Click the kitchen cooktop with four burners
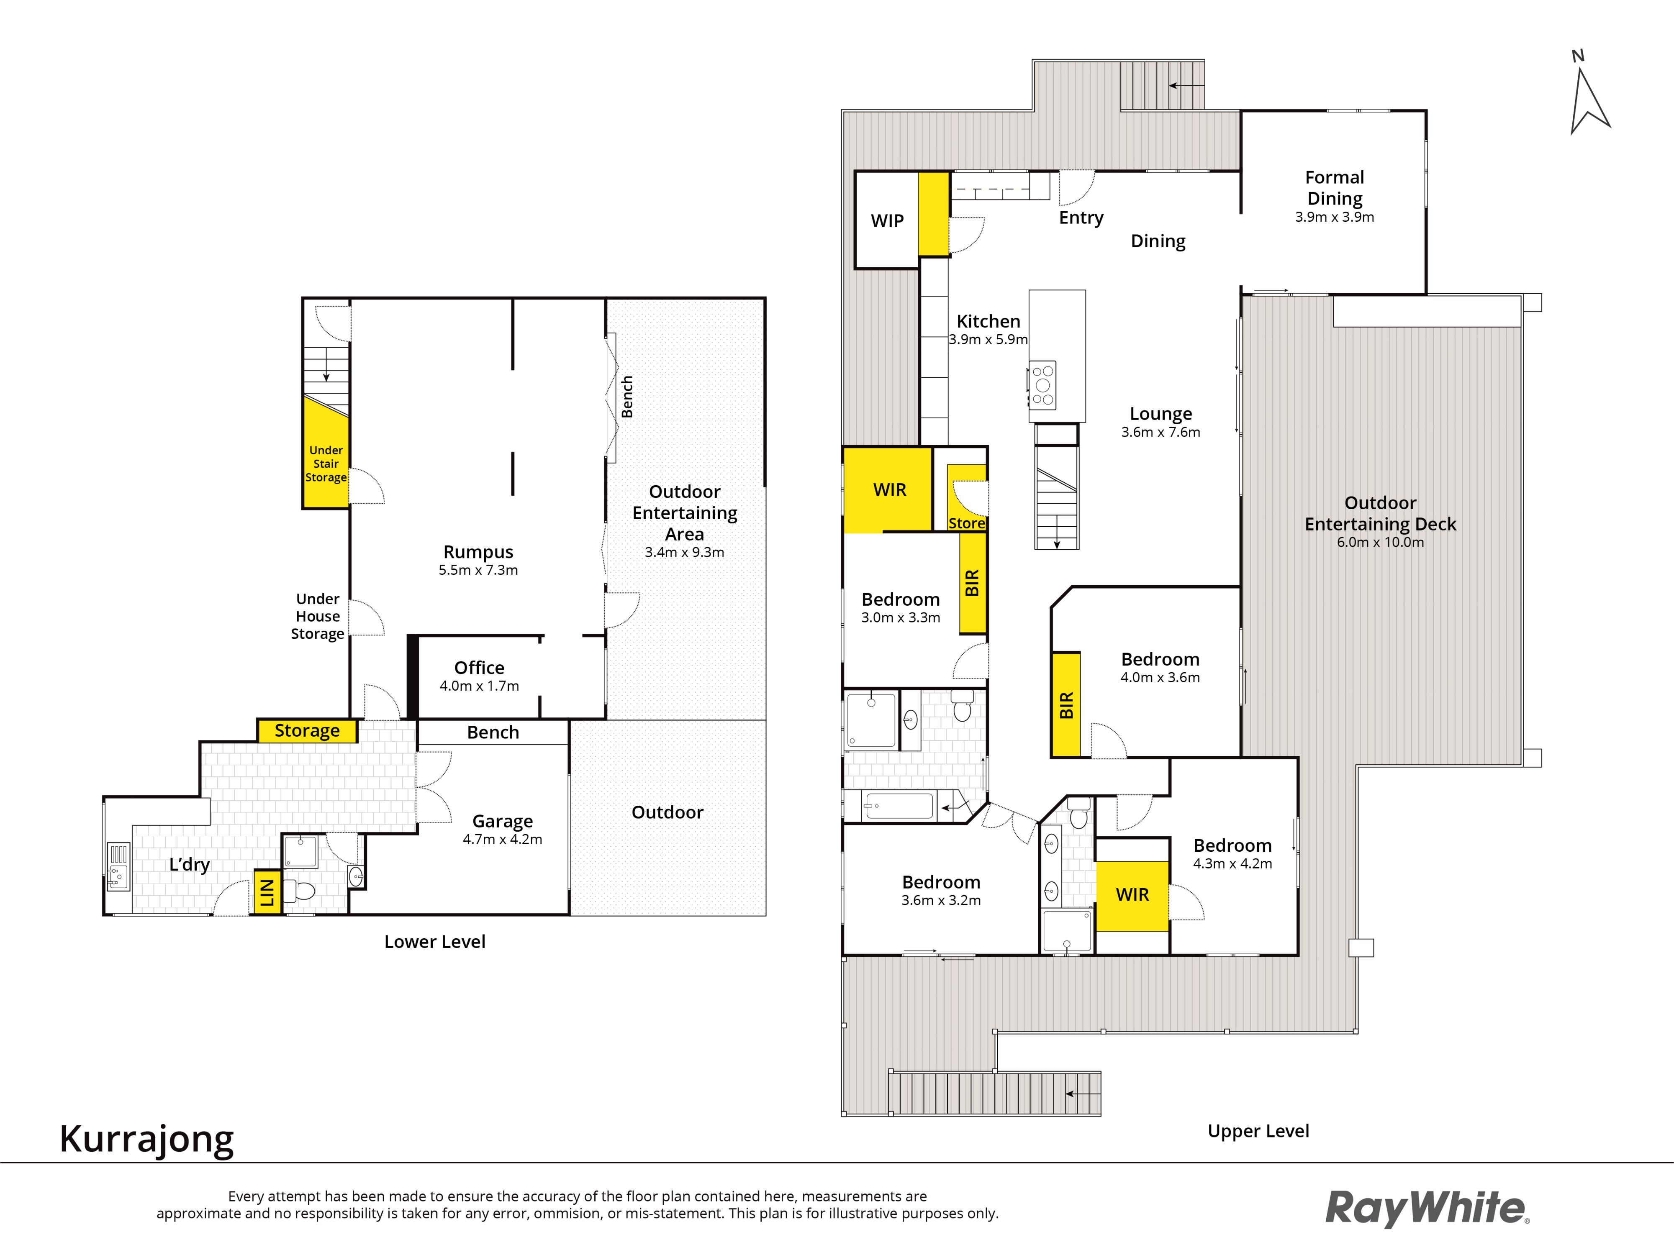click(x=1043, y=385)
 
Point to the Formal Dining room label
click(x=1334, y=187)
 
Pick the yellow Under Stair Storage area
click(x=326, y=452)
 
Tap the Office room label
click(x=479, y=667)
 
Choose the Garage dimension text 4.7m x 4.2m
click(x=503, y=839)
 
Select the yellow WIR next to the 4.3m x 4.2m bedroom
click(x=1132, y=896)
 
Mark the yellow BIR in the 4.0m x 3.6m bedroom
click(x=1066, y=704)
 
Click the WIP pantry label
click(x=887, y=221)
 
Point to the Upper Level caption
click(x=1258, y=1131)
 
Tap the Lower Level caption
click(x=434, y=942)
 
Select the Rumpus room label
click(x=478, y=551)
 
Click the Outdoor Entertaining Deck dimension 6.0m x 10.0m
click(x=1380, y=543)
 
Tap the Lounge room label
click(x=1161, y=414)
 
